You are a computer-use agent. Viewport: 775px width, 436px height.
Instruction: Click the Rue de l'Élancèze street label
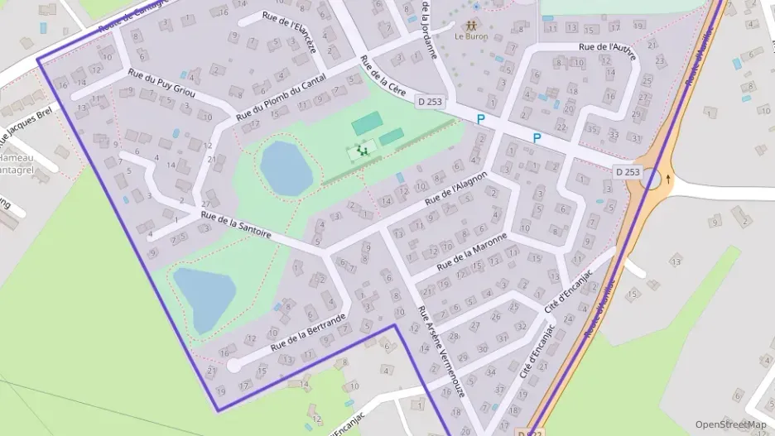coord(289,33)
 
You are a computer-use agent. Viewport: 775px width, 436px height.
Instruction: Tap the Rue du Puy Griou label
coord(161,84)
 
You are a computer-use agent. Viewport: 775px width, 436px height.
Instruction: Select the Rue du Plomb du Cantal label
coord(281,103)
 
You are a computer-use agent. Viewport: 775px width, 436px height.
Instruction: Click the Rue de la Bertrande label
coord(306,330)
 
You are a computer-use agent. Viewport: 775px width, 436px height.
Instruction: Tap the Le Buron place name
coord(470,36)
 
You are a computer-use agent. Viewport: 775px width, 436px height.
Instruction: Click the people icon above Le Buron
coord(471,25)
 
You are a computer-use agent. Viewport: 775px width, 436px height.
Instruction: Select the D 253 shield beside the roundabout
coord(628,171)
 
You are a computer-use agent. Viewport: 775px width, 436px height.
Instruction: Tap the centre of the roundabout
coord(653,179)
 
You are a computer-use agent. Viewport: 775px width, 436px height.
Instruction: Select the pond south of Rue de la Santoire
coord(203,297)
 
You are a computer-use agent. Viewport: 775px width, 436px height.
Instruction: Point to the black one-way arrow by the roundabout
coord(669,178)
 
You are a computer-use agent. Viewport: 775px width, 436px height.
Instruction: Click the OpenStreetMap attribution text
coord(730,424)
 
